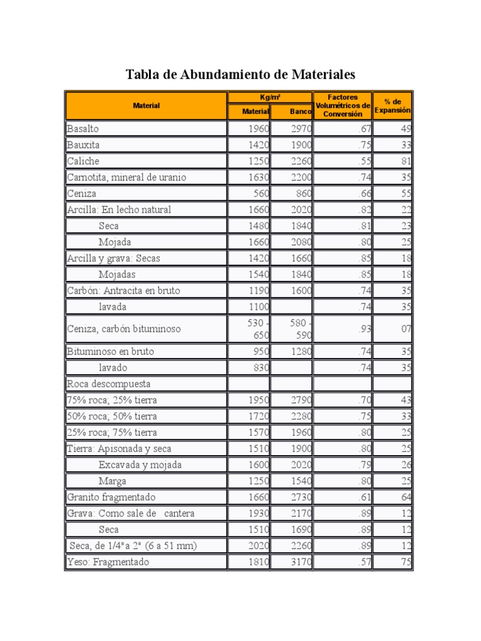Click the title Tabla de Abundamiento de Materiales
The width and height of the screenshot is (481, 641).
tap(240, 75)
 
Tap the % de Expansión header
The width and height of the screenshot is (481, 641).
tap(392, 105)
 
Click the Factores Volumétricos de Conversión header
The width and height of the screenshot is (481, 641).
tap(343, 105)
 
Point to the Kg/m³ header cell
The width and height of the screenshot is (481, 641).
tap(269, 97)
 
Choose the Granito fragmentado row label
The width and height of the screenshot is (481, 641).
tap(111, 497)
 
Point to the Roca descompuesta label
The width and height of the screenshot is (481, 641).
tap(109, 384)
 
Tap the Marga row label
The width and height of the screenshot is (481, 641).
tap(112, 481)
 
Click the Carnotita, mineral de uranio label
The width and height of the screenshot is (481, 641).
tap(127, 177)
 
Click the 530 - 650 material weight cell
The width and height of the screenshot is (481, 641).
tap(249, 329)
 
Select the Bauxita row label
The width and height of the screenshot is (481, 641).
tap(83, 145)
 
